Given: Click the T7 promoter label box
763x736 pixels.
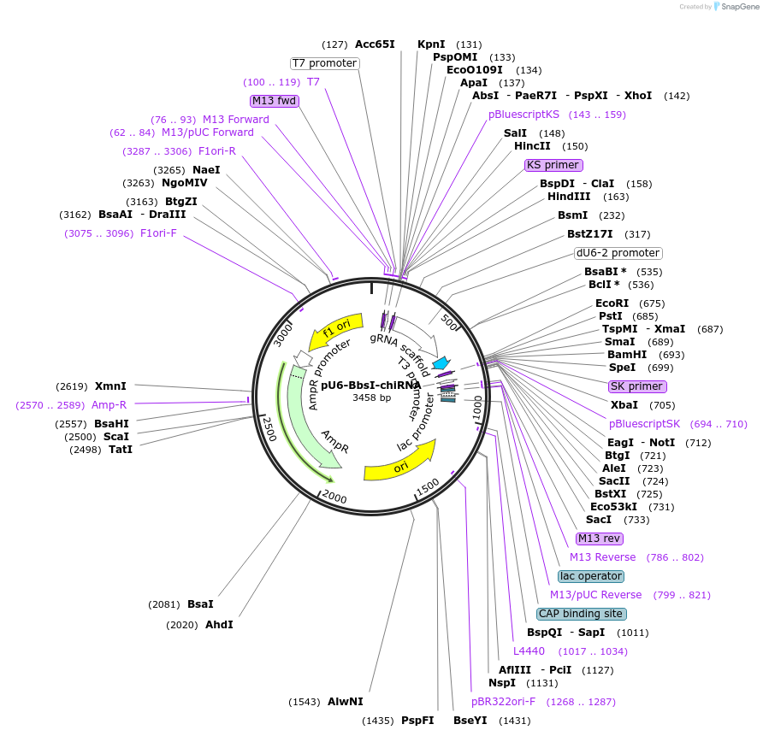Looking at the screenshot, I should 324,63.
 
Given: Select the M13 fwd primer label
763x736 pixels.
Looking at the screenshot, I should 274,101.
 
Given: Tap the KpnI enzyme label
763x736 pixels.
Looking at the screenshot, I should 431,44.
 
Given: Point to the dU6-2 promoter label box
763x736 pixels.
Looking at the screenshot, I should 618,253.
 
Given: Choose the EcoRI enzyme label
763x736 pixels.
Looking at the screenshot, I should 612,303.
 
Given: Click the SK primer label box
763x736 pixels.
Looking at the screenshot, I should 636,386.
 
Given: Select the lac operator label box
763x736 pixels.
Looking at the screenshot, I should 591,576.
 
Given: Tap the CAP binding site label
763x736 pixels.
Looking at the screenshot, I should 582,614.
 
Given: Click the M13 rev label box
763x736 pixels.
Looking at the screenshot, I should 600,539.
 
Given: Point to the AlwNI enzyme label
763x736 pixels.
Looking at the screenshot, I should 346,702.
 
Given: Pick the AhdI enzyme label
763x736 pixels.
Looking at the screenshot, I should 219,625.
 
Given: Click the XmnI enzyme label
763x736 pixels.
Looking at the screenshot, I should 110,386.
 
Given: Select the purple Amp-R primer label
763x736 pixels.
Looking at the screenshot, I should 109,405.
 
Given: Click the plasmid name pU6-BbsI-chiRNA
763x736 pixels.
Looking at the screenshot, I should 371,386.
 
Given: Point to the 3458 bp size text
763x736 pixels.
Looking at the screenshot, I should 371,397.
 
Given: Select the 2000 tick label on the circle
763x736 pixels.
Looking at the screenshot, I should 334,498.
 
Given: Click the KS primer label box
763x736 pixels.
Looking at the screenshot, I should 553,165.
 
